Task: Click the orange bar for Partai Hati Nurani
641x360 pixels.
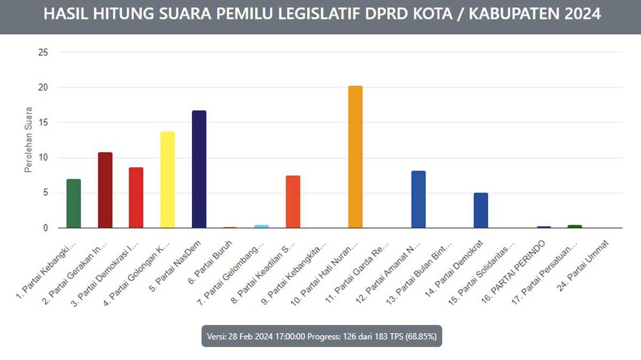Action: [x=355, y=157]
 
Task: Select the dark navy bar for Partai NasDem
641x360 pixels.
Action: [x=199, y=169]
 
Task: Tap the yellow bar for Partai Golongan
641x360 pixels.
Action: [x=168, y=180]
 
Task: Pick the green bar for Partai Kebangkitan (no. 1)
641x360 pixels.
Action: [x=74, y=204]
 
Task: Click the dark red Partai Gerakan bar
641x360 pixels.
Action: [x=105, y=190]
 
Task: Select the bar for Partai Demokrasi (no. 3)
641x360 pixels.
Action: [x=136, y=198]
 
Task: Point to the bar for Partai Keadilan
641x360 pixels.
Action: [x=293, y=202]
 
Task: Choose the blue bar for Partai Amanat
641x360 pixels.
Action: [x=418, y=199]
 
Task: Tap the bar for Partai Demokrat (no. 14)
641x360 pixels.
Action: [x=481, y=210]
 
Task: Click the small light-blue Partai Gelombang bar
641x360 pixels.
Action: [x=262, y=226]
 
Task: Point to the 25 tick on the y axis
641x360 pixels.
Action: [x=43, y=52]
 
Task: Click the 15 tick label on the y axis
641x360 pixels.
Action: [x=43, y=123]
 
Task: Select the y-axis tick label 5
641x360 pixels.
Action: [x=45, y=193]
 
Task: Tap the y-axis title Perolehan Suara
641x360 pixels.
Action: [x=29, y=140]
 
